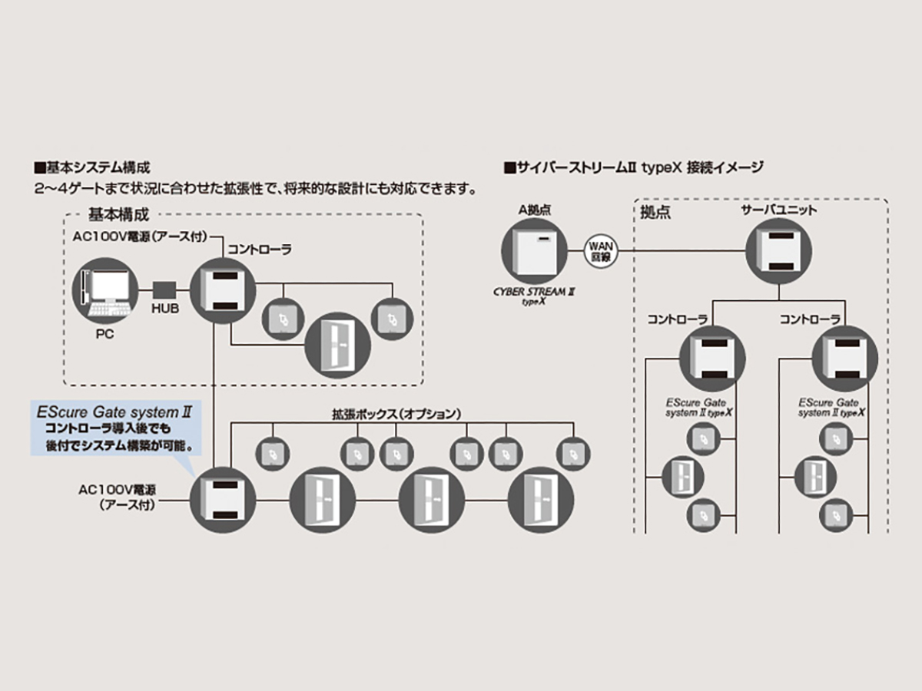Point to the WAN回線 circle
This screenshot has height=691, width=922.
pos(599,251)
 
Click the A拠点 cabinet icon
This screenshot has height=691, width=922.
pos(534,251)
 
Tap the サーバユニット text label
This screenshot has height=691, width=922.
pos(778,210)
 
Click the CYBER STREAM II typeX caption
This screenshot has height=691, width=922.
pos(534,296)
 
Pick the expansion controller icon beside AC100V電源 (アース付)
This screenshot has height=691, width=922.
pos(222,500)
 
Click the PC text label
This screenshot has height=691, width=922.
pos(104,335)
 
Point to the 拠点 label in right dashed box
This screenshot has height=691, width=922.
pos(655,213)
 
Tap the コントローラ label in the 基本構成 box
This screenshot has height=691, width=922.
pos(258,250)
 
